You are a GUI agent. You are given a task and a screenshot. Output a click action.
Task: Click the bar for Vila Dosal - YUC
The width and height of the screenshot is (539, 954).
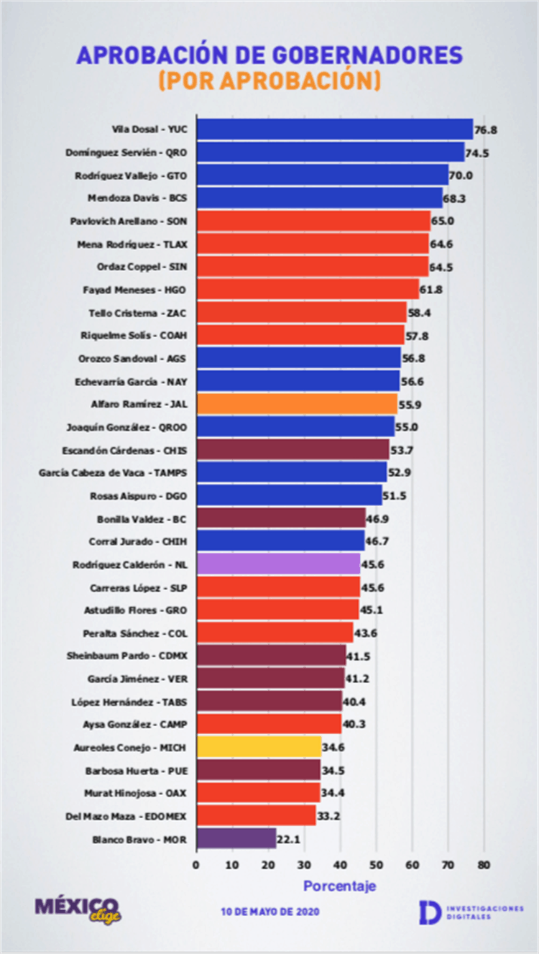[334, 129]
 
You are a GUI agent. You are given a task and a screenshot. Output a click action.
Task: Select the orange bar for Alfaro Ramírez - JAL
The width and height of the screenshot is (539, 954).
[296, 404]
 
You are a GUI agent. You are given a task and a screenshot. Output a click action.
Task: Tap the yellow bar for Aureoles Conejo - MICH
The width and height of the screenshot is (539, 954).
[258, 747]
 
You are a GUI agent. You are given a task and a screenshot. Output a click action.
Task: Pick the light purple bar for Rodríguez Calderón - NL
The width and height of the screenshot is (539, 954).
[277, 564]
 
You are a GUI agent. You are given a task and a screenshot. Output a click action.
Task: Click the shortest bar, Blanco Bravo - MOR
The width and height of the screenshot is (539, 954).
[236, 838]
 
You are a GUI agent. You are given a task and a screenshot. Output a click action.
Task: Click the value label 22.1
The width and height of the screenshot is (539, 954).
[289, 839]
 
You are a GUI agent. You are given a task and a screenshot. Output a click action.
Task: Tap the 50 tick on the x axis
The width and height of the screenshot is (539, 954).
[376, 865]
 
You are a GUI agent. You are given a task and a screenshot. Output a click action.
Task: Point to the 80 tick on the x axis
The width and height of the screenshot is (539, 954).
[484, 865]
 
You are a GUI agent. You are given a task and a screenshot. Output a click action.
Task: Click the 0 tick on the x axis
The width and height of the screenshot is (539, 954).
[196, 865]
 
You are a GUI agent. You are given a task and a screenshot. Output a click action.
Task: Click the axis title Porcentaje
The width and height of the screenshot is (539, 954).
[339, 886]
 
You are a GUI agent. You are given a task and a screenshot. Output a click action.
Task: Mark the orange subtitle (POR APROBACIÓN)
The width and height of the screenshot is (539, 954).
[269, 81]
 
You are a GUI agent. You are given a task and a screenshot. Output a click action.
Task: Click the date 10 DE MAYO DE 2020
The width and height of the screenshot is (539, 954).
[270, 912]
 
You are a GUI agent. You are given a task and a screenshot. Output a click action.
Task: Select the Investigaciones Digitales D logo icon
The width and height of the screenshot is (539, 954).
[430, 911]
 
